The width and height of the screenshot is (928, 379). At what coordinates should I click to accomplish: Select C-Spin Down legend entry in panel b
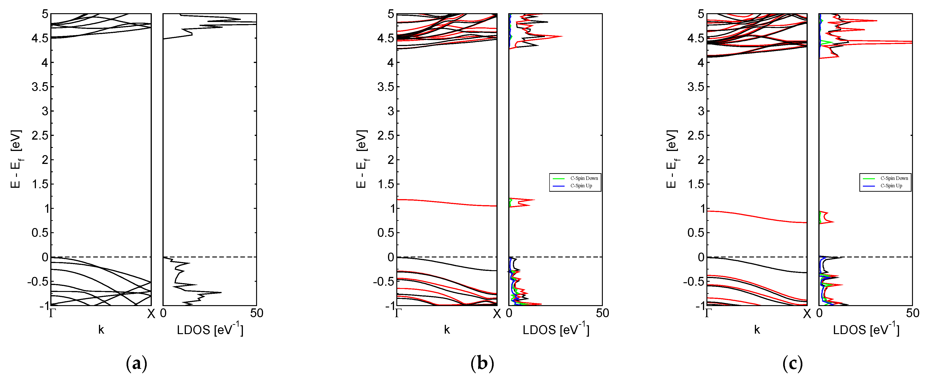[584, 178]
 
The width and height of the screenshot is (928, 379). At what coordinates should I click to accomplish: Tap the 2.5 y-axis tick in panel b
[385, 135]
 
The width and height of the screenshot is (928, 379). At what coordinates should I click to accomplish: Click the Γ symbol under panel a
[52, 313]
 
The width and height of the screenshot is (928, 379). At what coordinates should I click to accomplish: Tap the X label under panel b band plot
[497, 314]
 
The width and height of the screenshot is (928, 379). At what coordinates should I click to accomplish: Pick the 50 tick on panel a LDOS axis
[257, 313]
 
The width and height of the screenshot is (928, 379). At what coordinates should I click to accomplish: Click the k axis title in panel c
[757, 330]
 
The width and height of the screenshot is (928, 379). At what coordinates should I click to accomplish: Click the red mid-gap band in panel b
[447, 202]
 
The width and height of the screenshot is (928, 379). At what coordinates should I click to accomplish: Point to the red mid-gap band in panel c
[756, 216]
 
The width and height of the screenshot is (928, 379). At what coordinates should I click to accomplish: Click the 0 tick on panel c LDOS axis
[820, 313]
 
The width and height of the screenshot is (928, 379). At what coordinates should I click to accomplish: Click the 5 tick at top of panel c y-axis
[701, 14]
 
